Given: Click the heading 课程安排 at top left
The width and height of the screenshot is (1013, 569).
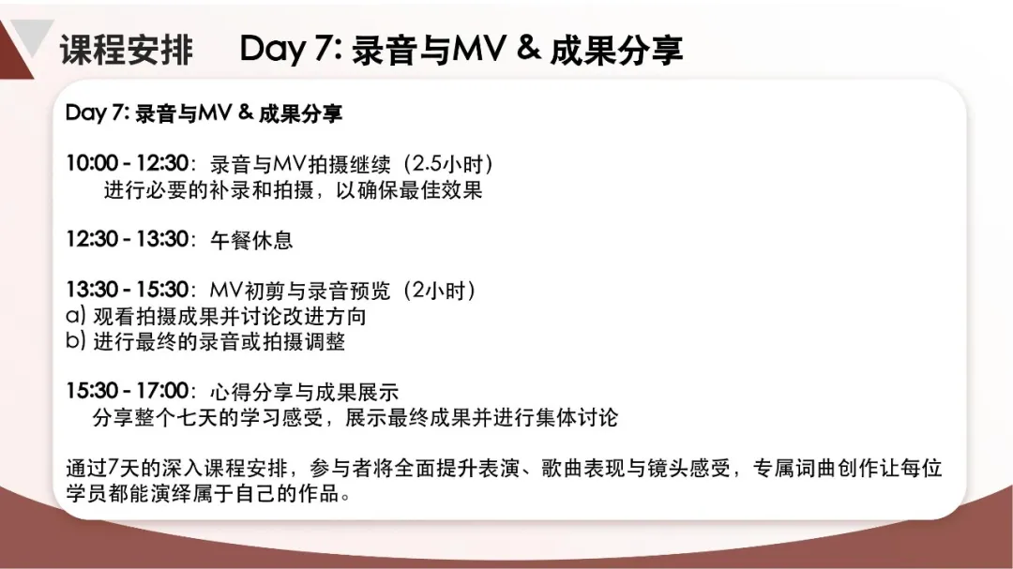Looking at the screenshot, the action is click(x=127, y=50).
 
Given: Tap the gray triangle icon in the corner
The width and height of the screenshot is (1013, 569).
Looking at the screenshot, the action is click(x=30, y=37).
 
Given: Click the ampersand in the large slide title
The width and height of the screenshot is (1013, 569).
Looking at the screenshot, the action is click(x=528, y=47).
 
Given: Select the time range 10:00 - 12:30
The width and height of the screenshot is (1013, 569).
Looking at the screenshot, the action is click(x=128, y=163).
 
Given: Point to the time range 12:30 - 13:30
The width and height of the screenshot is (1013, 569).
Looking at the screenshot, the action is click(x=128, y=239).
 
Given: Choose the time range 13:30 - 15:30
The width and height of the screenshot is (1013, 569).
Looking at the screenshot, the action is click(x=128, y=290).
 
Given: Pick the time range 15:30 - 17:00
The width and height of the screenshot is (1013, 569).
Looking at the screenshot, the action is click(x=128, y=391).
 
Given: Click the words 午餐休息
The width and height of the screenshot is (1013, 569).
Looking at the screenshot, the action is click(x=251, y=240).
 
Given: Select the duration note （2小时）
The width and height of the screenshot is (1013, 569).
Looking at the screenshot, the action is click(x=439, y=291).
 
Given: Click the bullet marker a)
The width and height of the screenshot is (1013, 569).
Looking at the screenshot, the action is click(x=76, y=316).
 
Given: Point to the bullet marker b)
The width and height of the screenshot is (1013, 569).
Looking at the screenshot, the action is click(x=76, y=340).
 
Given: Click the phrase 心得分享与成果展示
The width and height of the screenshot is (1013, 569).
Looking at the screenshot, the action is click(x=304, y=392).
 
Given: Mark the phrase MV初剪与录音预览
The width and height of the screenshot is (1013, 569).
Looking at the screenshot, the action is click(x=300, y=291).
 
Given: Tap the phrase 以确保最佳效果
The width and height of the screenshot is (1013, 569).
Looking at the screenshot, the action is click(x=409, y=190).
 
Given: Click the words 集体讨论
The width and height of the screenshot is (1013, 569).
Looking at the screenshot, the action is click(x=576, y=417).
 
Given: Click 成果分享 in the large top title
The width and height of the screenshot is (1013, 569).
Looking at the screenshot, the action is click(x=616, y=50).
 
